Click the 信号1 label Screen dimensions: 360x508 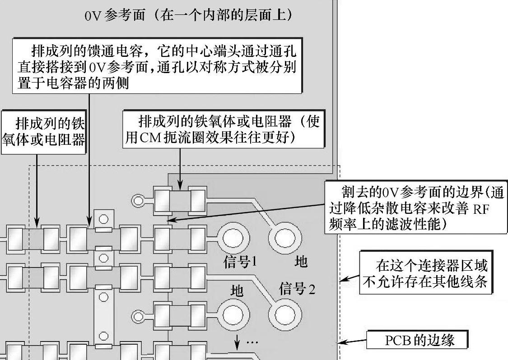(x=240, y=261)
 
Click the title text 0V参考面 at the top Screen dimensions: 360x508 (x=115, y=15)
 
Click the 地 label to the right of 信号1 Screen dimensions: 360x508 (x=301, y=261)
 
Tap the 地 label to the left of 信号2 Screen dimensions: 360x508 (x=237, y=291)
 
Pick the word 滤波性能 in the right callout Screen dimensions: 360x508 (x=417, y=224)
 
